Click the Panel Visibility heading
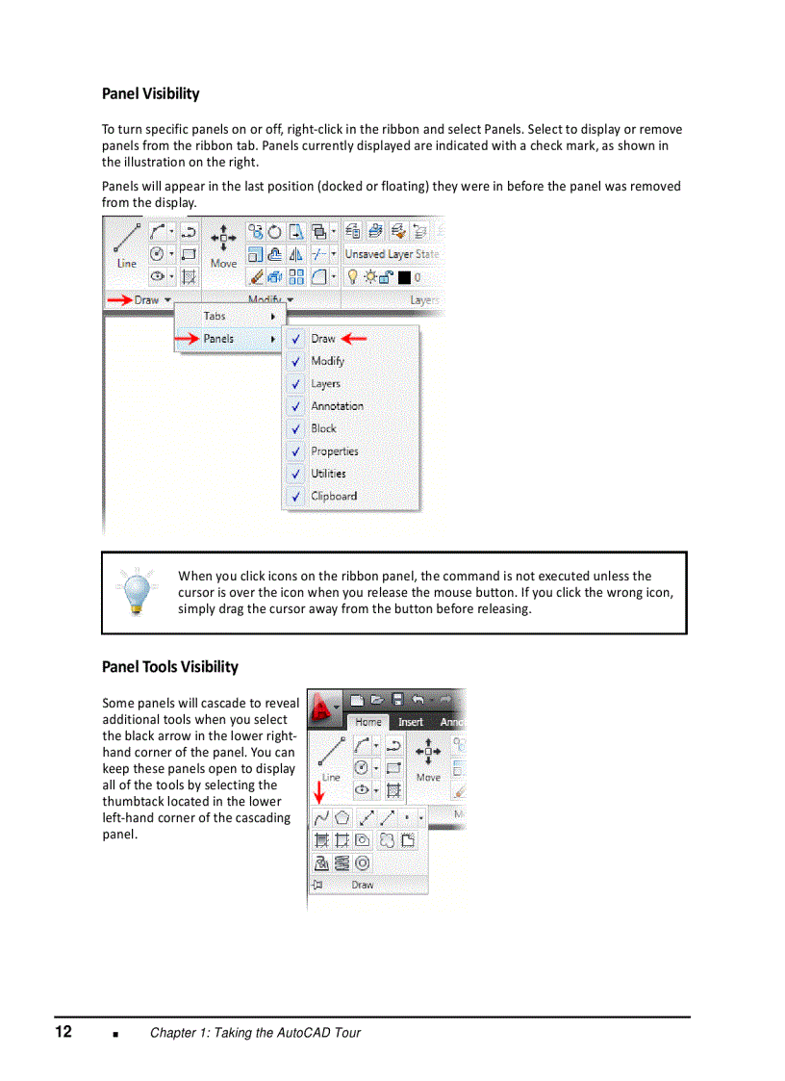(x=151, y=93)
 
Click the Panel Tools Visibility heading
(x=170, y=666)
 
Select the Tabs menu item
(x=215, y=316)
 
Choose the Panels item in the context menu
(x=218, y=339)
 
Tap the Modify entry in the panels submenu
(x=327, y=361)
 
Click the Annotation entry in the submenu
(x=337, y=406)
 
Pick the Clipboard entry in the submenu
(x=334, y=497)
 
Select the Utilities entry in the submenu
(x=328, y=474)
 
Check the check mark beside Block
(x=295, y=429)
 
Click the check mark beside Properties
(x=295, y=451)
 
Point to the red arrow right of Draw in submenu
(x=355, y=339)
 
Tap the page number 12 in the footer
(x=63, y=1032)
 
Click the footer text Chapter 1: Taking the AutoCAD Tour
(x=255, y=1033)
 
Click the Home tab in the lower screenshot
(x=368, y=722)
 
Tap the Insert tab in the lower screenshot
(x=411, y=722)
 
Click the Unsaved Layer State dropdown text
(x=391, y=254)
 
